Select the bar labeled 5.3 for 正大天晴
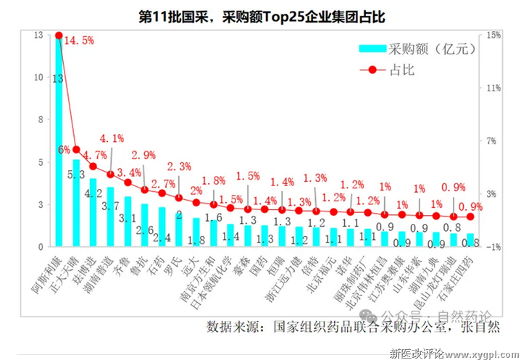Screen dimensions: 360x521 pyautogui.click(x=75, y=203)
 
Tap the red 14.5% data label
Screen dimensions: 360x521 pyautogui.click(x=80, y=41)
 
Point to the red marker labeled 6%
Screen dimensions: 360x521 pyautogui.click(x=76, y=150)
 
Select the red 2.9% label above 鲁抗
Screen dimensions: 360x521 pyautogui.click(x=144, y=156)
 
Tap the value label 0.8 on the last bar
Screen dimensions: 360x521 pyautogui.click(x=470, y=242)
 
